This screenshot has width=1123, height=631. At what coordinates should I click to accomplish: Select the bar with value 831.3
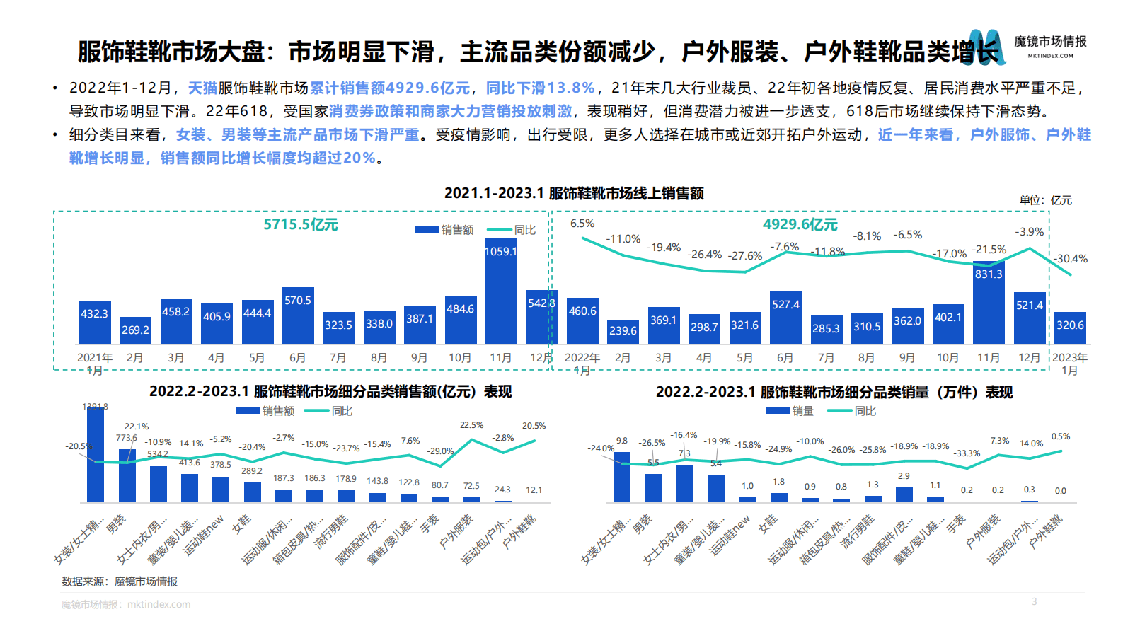tap(989, 304)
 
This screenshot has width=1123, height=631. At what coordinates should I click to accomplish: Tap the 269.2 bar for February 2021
tap(135, 330)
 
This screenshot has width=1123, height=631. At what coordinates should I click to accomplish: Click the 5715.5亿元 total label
tap(301, 225)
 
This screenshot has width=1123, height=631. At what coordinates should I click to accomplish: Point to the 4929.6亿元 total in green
tap(800, 225)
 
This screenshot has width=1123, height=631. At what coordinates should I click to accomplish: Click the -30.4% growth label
tap(1071, 259)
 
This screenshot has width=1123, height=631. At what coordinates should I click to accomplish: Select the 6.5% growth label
tap(582, 224)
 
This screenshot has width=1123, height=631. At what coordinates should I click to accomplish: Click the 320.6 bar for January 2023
tap(1070, 328)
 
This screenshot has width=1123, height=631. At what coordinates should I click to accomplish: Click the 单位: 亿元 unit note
tap(1045, 200)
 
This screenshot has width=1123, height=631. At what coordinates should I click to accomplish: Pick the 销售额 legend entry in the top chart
tap(444, 230)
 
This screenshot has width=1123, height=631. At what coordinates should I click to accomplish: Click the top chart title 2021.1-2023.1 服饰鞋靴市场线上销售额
tap(573, 193)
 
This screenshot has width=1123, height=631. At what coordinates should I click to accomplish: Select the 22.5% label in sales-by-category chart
tap(471, 425)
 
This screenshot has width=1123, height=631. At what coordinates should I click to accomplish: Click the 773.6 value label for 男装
tap(127, 438)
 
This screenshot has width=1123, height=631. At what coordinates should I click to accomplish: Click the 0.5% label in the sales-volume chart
tap(1060, 436)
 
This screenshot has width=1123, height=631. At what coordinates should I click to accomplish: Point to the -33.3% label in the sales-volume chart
tap(967, 453)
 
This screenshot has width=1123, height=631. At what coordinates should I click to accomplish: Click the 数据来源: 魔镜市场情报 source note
tap(119, 581)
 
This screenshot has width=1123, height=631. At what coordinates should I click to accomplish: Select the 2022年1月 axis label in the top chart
tap(582, 364)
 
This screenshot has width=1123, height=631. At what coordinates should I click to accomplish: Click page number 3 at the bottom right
tap(1034, 601)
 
